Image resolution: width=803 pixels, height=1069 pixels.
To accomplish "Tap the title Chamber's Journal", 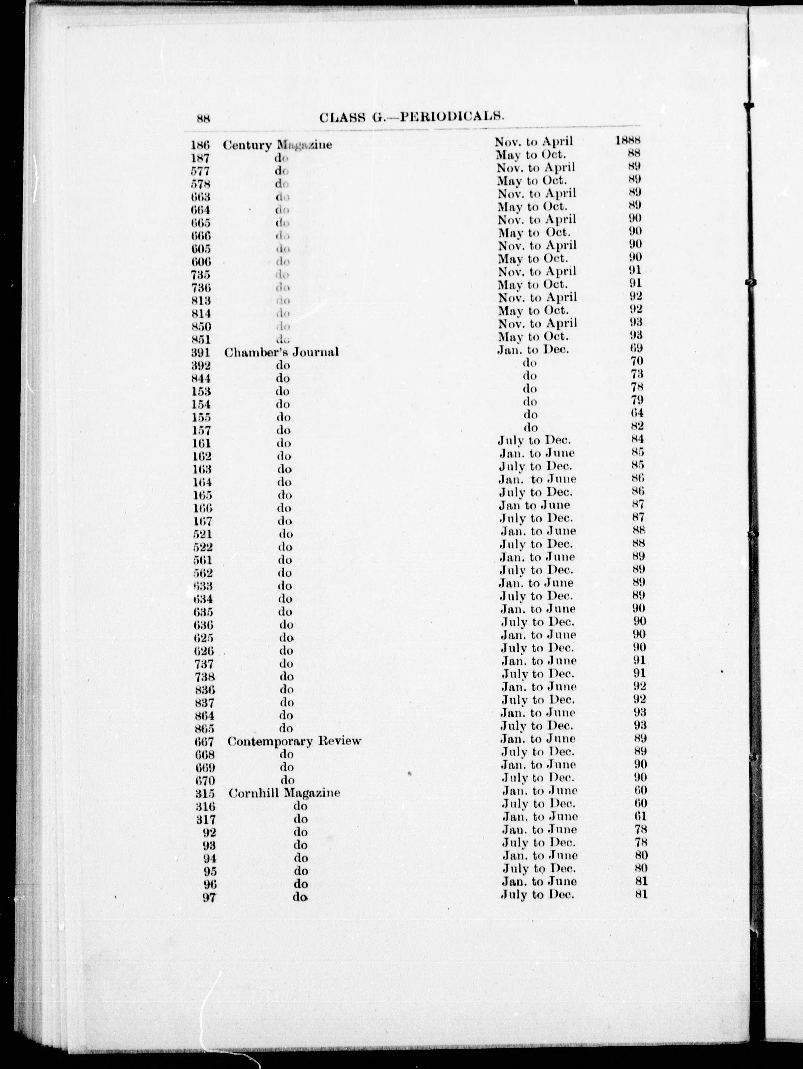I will pos(281,352).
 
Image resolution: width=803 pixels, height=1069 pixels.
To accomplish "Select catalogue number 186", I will pos(200,144).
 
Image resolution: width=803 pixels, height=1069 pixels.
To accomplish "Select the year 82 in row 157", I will pos(637,426).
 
